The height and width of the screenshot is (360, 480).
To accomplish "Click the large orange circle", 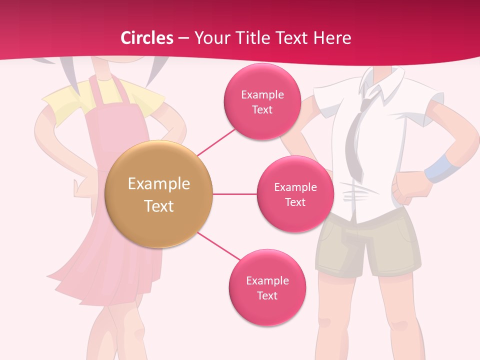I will [158, 194].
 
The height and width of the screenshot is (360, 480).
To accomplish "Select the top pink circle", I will [262, 101].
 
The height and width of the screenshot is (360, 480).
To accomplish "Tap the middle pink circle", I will [295, 194].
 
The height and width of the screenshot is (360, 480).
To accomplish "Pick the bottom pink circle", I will [267, 287].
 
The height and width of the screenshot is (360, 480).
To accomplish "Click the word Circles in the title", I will [147, 38].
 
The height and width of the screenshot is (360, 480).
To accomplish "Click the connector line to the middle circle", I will [234, 194].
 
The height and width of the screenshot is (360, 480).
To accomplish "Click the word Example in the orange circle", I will [158, 184].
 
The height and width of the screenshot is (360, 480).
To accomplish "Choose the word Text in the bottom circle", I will [267, 295].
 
